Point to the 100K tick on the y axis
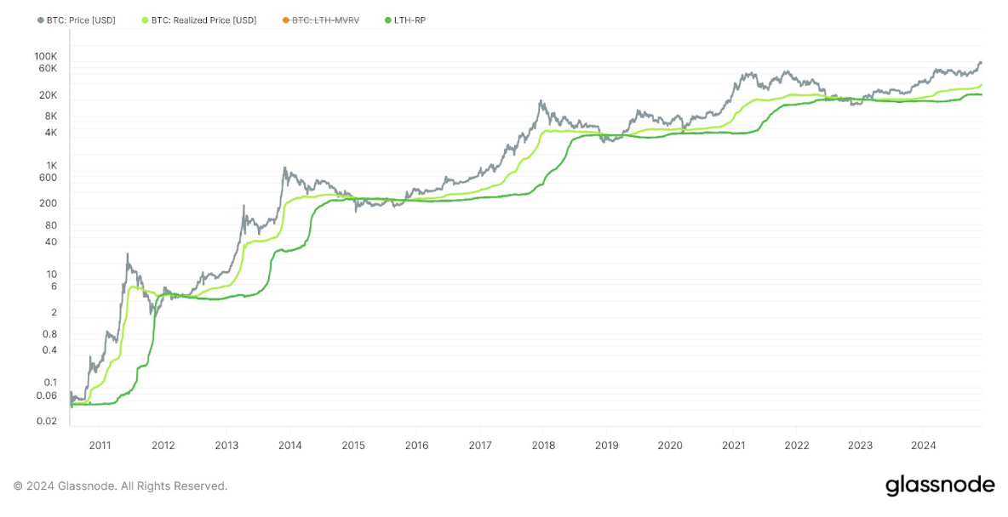point(45,56)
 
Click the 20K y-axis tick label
point(48,94)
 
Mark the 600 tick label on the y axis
point(48,178)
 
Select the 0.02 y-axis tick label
point(47,422)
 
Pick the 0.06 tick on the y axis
point(47,395)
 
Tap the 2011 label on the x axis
point(100,445)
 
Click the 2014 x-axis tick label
point(289,445)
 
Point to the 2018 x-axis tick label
point(543,445)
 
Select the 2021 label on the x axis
point(733,445)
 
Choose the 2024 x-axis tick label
point(924,445)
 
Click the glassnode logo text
point(939,486)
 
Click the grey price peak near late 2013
point(284,168)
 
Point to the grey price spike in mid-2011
point(127,253)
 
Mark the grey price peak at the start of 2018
point(541,101)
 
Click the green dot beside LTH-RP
point(389,20)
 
